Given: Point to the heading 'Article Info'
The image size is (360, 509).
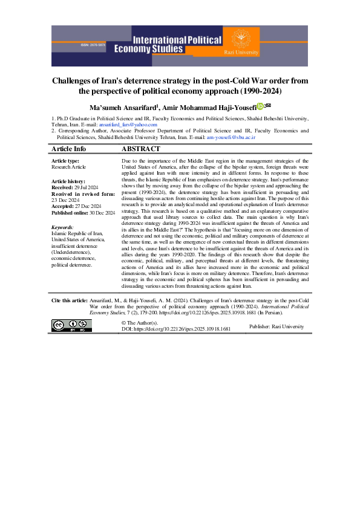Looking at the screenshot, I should coord(68,149).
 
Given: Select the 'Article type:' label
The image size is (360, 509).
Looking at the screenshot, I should coord(65,161).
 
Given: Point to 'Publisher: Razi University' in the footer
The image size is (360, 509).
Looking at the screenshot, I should coord(277,326).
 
